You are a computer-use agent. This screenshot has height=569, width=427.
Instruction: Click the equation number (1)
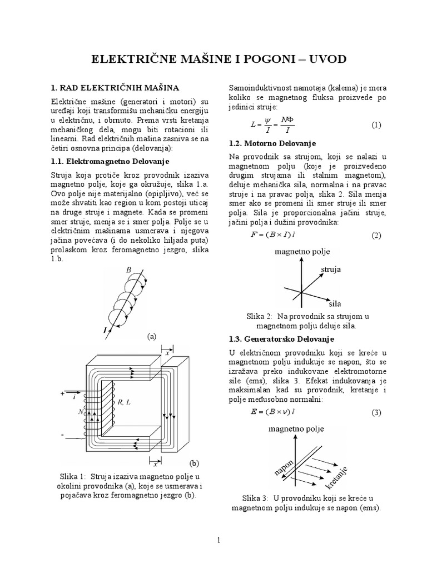(376, 125)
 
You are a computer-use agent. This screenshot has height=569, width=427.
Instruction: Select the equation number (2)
(376, 235)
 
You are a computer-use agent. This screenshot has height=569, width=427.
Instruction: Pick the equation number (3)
(376, 412)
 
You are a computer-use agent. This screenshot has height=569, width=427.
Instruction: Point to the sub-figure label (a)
(151, 336)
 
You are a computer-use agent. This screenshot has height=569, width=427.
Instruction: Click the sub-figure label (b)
(193, 462)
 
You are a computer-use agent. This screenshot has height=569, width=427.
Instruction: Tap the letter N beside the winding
(81, 412)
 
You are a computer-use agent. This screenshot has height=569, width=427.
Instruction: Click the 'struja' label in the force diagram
(331, 269)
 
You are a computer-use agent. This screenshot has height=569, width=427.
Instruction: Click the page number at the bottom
(219, 540)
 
